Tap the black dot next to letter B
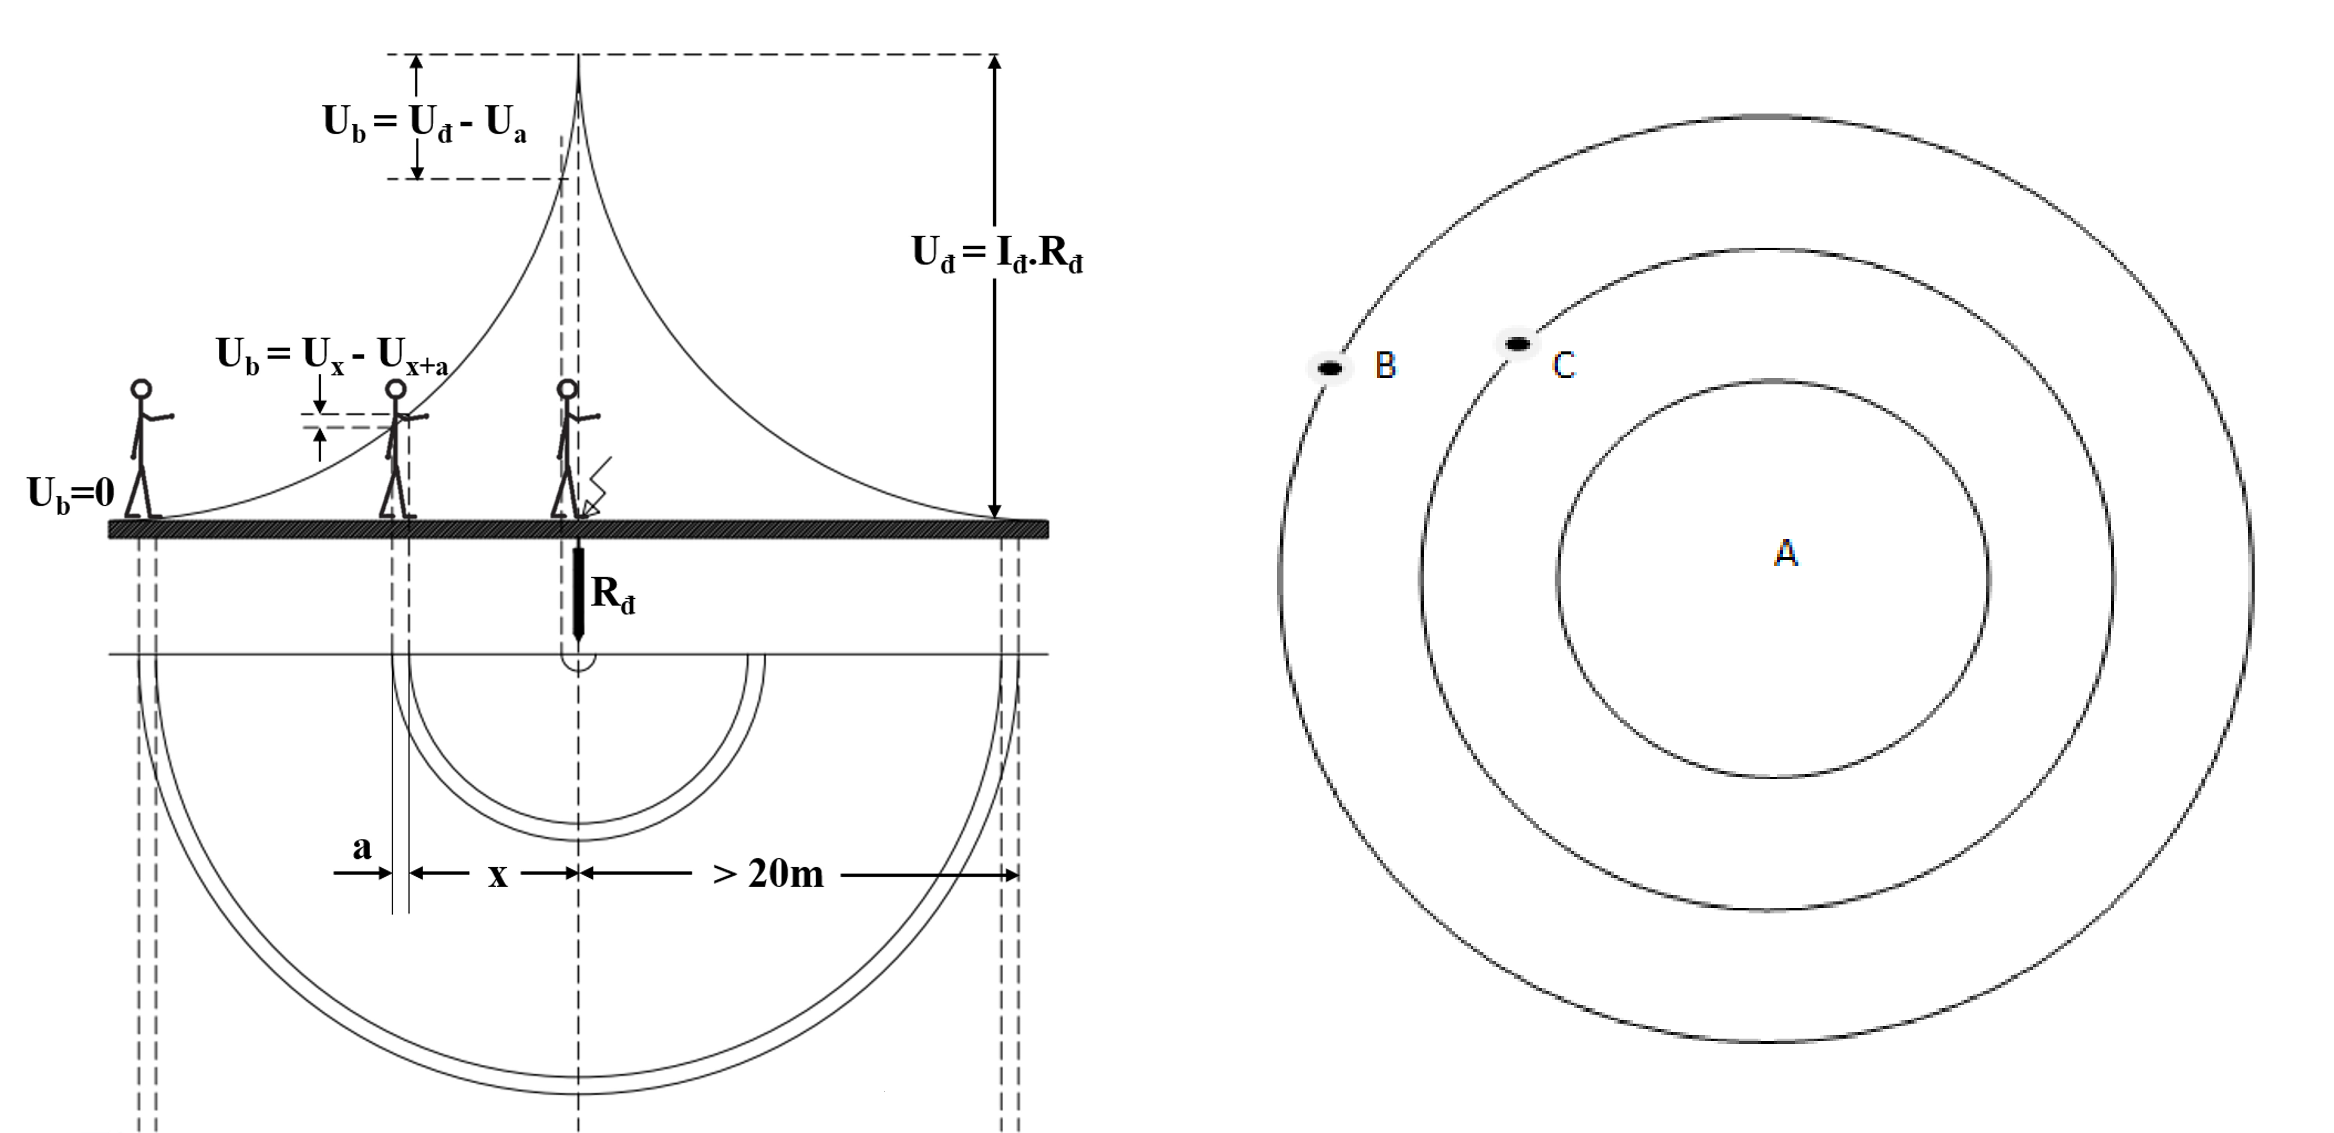pos(1330,369)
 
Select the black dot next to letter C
pos(1518,344)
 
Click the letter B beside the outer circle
pos(1385,365)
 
